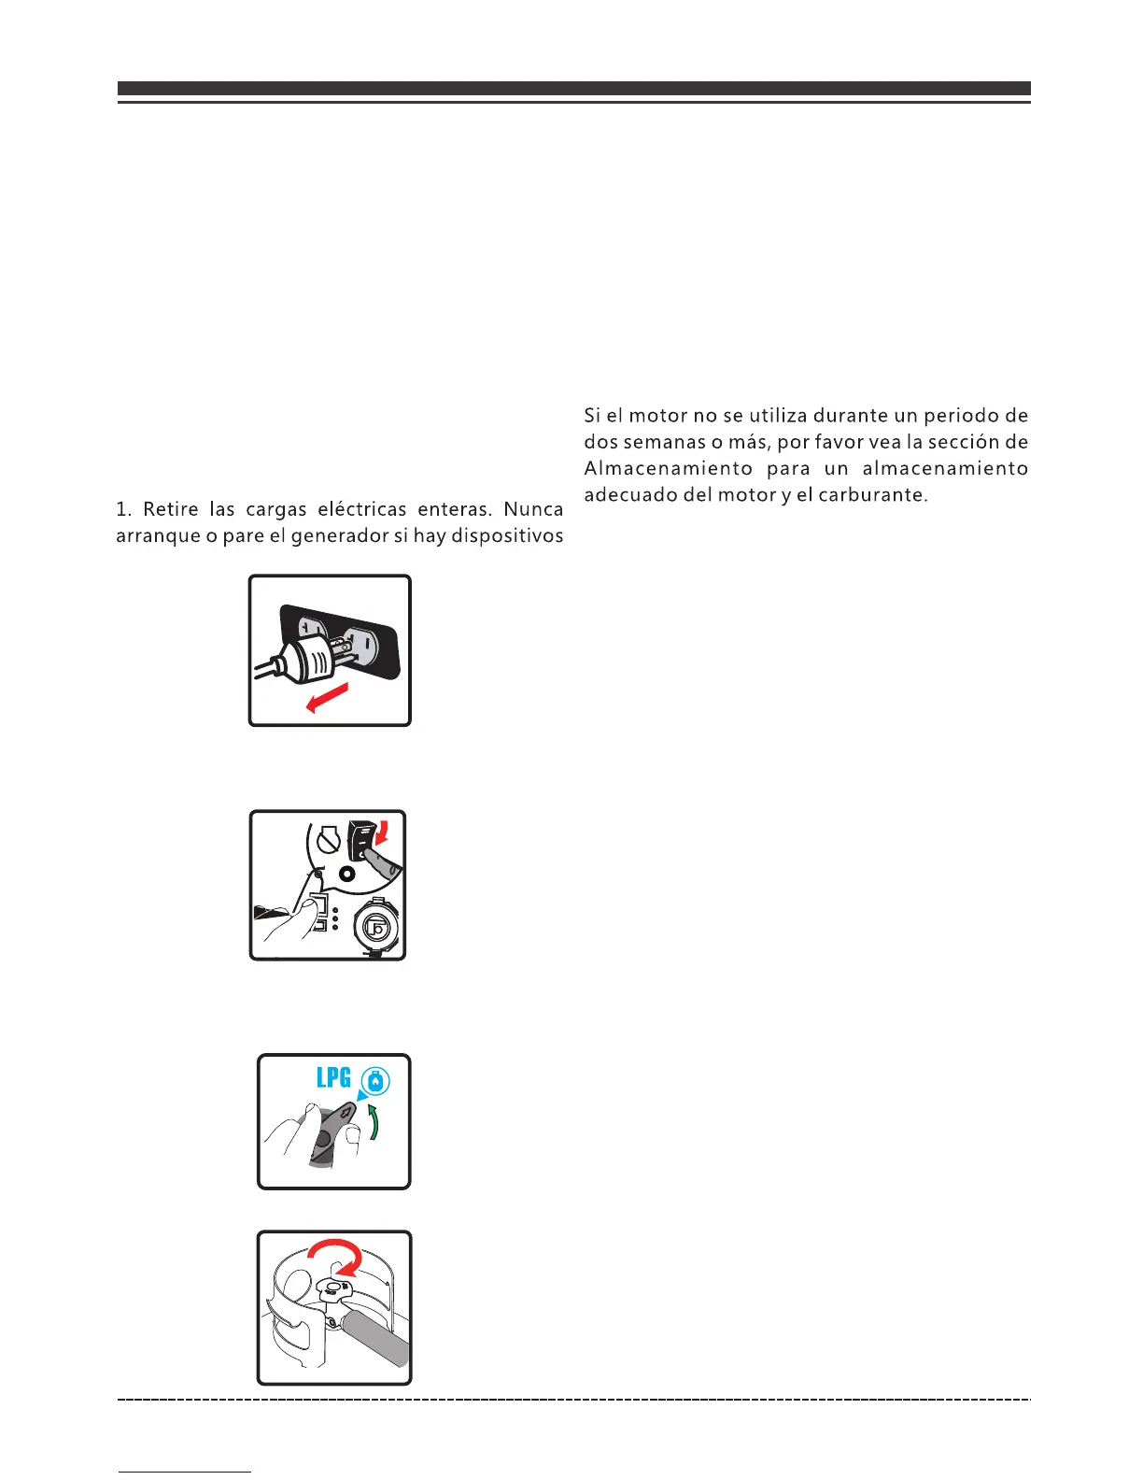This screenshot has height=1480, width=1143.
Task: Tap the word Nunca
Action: (x=533, y=510)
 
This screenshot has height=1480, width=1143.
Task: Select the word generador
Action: (x=335, y=536)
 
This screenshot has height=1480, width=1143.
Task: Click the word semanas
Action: (x=659, y=442)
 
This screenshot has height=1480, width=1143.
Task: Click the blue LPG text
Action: (x=333, y=1078)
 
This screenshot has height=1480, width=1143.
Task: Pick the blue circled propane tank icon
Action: (x=374, y=1082)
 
